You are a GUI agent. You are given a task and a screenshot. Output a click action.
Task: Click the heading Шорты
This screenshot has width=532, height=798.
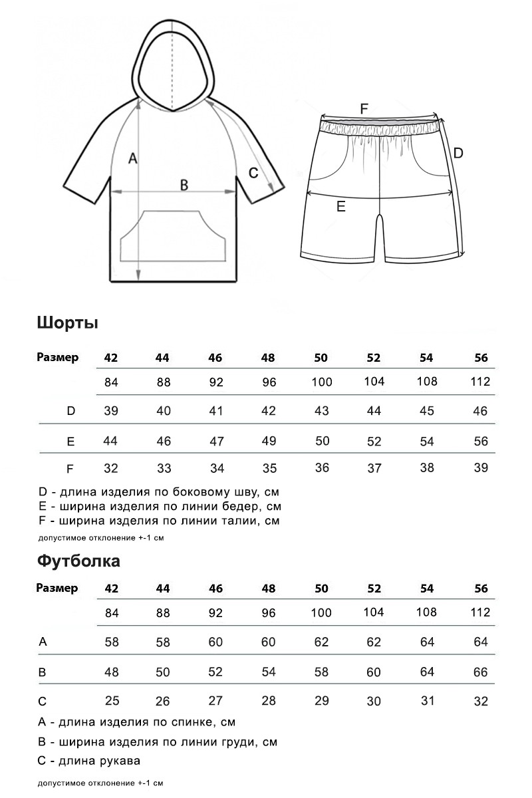click(68, 323)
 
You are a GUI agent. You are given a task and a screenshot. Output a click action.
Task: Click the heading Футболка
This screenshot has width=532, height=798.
click(78, 561)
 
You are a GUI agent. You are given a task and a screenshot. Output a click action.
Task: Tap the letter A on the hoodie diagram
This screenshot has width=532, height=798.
click(132, 158)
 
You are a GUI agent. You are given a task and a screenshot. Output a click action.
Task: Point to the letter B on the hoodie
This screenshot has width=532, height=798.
click(185, 185)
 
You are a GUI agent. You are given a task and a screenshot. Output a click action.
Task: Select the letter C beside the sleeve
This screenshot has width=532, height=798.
click(253, 173)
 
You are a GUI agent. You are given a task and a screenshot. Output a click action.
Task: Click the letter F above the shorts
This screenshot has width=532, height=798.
click(364, 108)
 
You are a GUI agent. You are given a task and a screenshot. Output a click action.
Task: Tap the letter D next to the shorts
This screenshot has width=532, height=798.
click(458, 153)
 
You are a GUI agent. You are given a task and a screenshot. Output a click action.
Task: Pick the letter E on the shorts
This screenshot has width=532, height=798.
click(340, 207)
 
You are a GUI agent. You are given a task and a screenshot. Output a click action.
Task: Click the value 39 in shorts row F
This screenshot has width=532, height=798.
click(481, 467)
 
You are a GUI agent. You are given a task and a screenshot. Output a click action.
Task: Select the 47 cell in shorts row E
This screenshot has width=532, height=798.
click(216, 441)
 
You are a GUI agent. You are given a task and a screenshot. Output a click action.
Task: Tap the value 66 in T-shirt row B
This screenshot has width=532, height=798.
click(481, 672)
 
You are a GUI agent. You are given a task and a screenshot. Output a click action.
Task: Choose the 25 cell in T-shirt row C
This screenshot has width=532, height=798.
click(112, 701)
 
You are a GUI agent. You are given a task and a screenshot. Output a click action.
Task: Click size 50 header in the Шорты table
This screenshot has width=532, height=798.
click(321, 358)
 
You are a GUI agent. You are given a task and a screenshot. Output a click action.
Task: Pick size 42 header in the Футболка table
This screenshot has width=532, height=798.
click(111, 589)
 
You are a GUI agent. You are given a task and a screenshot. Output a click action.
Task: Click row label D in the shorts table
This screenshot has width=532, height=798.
click(71, 411)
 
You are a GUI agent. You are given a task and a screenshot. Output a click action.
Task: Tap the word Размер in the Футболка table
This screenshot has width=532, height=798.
click(57, 588)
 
